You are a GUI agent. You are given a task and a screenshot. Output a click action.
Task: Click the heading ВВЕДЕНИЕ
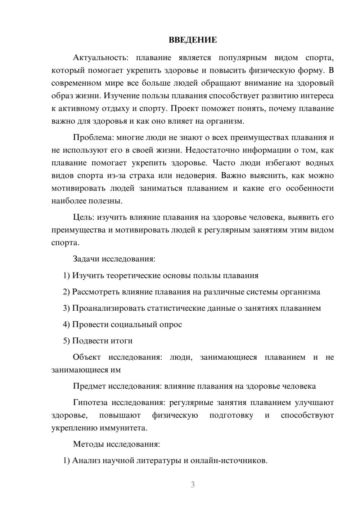click(193, 40)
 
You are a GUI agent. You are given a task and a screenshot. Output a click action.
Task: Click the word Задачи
click(86, 259)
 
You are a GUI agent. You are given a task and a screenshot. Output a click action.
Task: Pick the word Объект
click(87, 357)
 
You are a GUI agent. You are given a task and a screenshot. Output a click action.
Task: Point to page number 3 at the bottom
click(193, 485)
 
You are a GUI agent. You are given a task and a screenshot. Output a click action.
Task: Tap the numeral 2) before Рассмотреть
click(66, 292)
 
